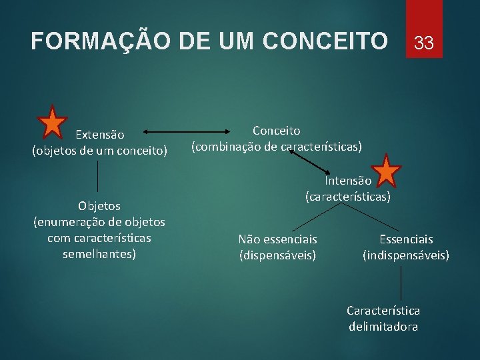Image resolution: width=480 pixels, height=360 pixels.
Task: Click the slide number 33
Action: click(x=424, y=44)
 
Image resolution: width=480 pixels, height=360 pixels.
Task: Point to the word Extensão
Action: click(x=99, y=135)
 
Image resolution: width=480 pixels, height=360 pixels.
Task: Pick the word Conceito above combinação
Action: click(x=276, y=131)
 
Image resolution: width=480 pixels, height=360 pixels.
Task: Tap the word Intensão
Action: click(x=348, y=181)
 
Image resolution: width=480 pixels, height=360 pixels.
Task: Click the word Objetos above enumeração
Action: click(x=99, y=206)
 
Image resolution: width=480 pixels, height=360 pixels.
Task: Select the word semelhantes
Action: click(x=99, y=254)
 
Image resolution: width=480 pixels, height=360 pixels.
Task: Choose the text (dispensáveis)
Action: click(x=277, y=255)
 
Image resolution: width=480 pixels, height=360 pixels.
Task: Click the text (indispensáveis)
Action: click(x=406, y=255)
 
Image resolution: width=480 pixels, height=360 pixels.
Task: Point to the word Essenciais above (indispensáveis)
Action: click(x=406, y=239)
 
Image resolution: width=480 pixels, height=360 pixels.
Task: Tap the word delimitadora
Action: click(x=383, y=327)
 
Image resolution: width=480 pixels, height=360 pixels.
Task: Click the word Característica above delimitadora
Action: click(x=383, y=311)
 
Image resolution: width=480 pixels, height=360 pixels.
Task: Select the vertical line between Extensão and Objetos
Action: click(x=99, y=177)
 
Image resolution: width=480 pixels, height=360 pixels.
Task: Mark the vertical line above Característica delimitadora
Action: click(x=401, y=283)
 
